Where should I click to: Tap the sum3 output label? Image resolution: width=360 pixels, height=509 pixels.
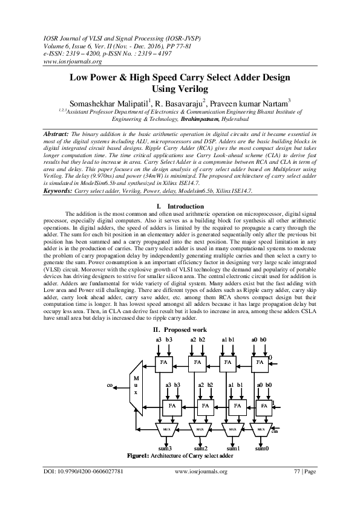pyautogui.click(x=165, y=448)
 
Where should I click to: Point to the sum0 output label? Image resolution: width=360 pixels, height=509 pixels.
pyautogui.click(x=262, y=448)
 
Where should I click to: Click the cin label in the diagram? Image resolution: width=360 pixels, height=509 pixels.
pyautogui.click(x=275, y=431)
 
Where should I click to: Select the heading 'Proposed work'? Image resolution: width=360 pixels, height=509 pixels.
pyautogui.click(x=185, y=330)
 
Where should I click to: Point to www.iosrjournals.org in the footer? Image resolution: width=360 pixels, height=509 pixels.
pyautogui.click(x=200, y=472)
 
